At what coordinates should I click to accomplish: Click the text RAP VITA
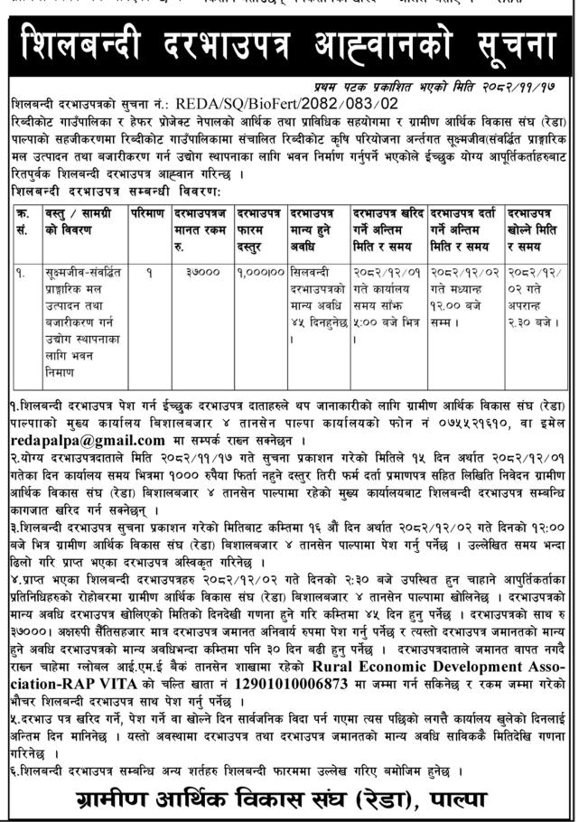[x=91, y=709]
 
